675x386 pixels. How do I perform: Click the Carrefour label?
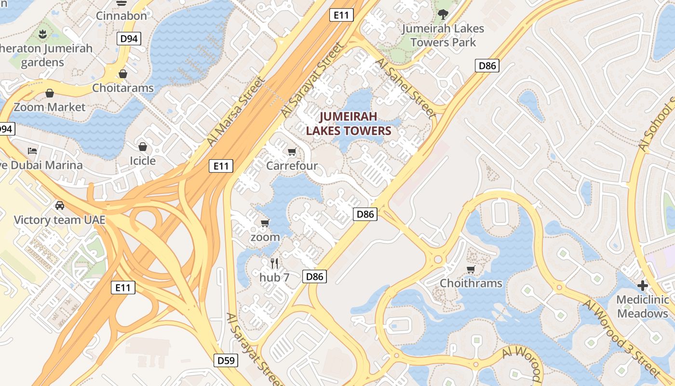[292, 165]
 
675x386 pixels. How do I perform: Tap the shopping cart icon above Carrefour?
[292, 152]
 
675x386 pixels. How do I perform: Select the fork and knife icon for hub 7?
[274, 263]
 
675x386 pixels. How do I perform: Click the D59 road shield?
[226, 360]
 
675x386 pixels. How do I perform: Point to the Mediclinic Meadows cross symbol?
[642, 285]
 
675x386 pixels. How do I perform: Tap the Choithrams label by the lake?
[471, 283]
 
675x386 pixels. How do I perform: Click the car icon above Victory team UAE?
[60, 206]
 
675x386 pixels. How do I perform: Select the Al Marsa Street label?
[236, 111]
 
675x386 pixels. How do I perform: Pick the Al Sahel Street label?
[405, 88]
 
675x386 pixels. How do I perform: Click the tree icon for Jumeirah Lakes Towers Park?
[443, 14]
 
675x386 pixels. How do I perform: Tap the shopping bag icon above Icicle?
[143, 147]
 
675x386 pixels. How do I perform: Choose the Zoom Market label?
[49, 107]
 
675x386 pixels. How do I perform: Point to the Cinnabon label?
[121, 15]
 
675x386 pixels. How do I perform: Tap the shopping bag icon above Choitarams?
[123, 74]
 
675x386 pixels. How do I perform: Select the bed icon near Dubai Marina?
[32, 151]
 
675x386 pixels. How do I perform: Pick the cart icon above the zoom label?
[265, 223]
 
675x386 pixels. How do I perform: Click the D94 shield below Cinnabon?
[129, 39]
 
